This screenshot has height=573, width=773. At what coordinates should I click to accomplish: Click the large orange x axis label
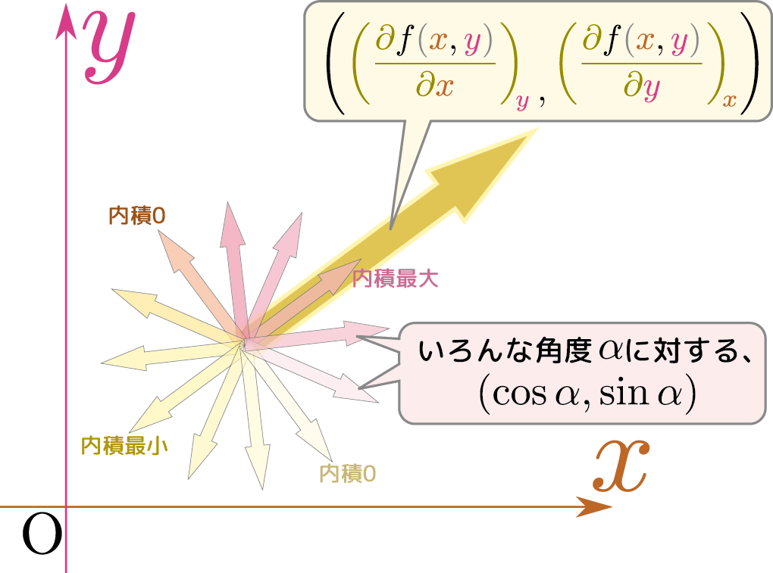(621, 466)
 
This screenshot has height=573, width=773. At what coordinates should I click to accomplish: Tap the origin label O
(42, 534)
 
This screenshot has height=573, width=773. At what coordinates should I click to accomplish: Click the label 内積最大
(395, 279)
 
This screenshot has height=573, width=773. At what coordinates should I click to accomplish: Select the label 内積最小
(124, 446)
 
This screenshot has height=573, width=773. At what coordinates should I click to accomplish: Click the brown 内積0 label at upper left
(136, 216)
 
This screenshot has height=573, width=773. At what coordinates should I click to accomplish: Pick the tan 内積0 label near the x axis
(348, 474)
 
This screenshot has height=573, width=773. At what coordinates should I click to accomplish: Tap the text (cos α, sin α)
(587, 394)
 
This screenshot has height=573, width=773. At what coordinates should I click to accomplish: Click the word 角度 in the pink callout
(564, 351)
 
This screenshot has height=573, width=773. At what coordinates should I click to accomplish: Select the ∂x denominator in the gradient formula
(435, 86)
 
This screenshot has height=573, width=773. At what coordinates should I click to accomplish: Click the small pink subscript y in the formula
(522, 101)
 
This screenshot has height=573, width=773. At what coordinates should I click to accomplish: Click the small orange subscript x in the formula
(730, 101)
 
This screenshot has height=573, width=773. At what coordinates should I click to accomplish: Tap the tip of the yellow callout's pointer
(390, 229)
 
